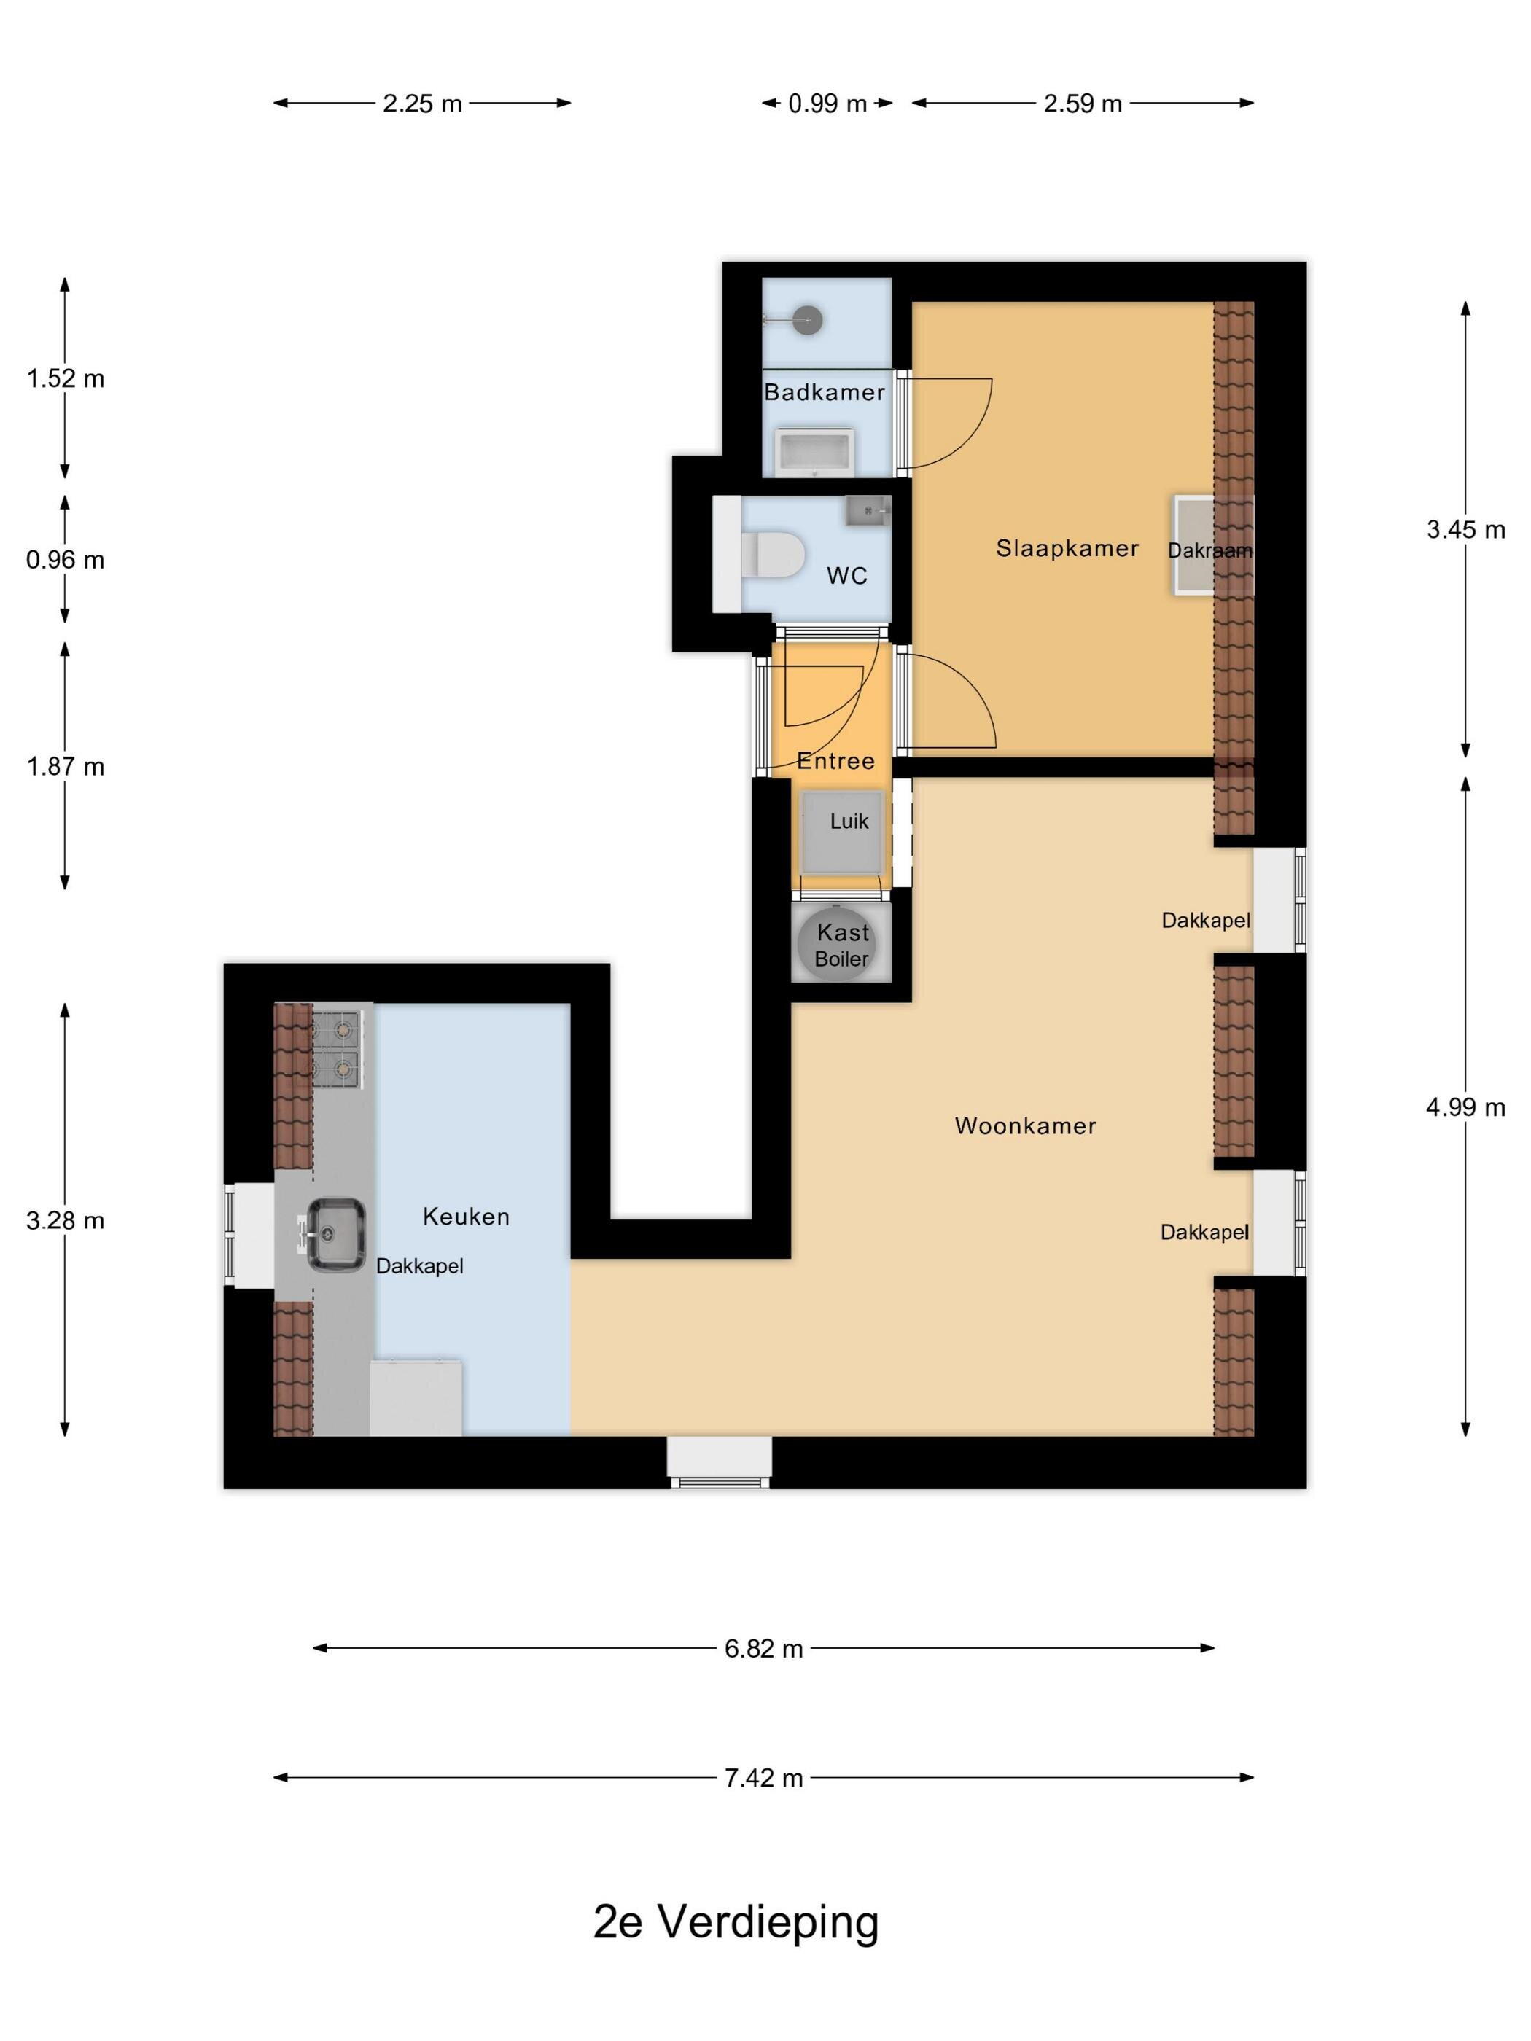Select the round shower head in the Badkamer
coord(809,320)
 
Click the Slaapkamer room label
coord(1067,548)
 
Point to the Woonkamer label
coord(1025,1125)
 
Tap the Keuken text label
coord(466,1216)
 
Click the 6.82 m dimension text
coord(763,1649)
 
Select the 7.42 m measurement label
coord(763,1778)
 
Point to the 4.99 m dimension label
coord(1465,1107)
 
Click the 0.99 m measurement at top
coord(827,104)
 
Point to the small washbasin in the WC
coord(868,511)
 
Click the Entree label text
coord(835,761)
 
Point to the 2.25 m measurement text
coord(421,104)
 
